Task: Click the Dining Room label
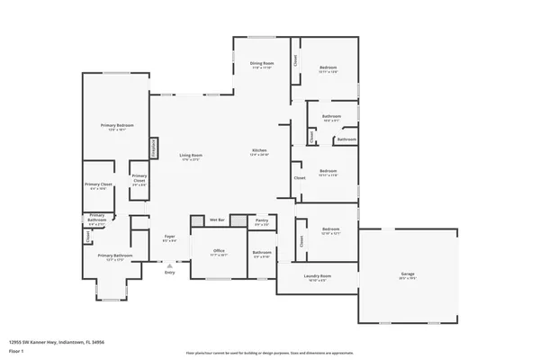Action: click(262, 63)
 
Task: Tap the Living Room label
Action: click(190, 155)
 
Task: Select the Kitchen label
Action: click(259, 149)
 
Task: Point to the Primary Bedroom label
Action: click(114, 126)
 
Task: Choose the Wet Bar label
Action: click(217, 220)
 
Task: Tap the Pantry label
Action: click(262, 220)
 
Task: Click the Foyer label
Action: click(169, 237)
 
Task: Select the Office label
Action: click(219, 251)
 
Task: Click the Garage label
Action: click(408, 274)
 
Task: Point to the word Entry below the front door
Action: click(169, 273)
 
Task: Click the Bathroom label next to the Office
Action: click(262, 252)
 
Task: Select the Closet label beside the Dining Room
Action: click(294, 60)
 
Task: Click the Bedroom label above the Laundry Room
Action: click(330, 229)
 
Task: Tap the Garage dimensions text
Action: click(408, 278)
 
